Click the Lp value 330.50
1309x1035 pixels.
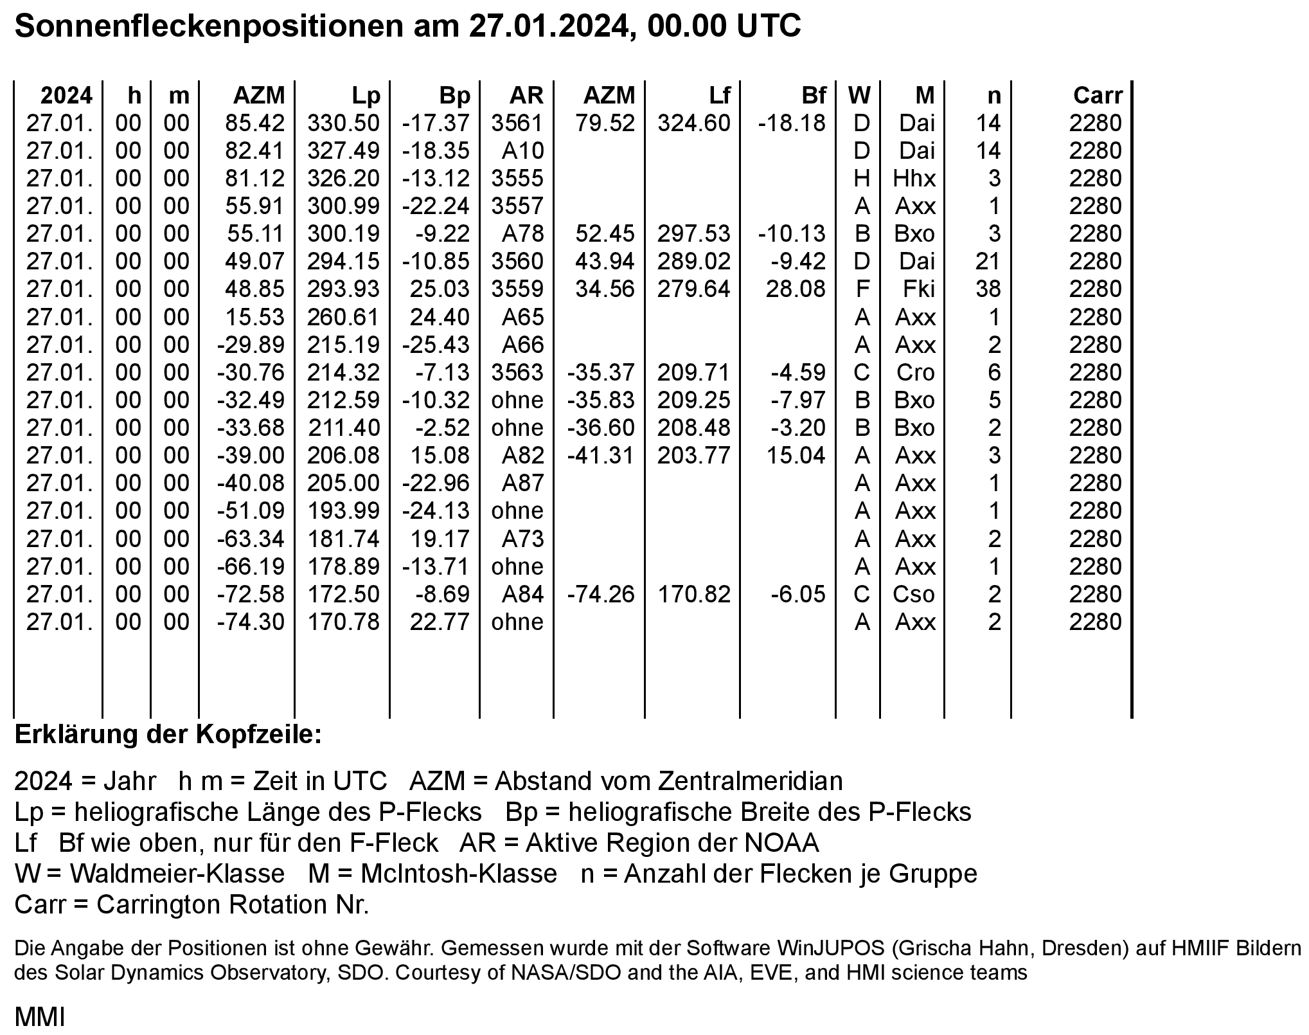coord(343,123)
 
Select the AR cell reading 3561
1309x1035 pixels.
coord(517,123)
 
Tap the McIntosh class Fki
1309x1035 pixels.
coord(918,289)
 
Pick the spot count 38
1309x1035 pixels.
coord(988,289)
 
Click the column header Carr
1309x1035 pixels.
coord(1097,96)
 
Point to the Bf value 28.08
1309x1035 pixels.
coord(795,289)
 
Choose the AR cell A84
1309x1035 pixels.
coord(522,594)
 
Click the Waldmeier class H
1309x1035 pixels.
coord(861,178)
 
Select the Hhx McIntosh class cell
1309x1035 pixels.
coord(914,178)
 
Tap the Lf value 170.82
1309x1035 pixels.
coord(693,594)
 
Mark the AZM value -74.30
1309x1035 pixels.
coord(251,622)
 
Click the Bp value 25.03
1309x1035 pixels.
coord(440,289)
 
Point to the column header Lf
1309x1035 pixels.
coord(719,96)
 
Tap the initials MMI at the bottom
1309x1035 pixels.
coord(39,1017)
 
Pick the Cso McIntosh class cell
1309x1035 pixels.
coord(913,594)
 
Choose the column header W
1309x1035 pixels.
coord(859,96)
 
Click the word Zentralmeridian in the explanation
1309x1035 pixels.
coord(750,780)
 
